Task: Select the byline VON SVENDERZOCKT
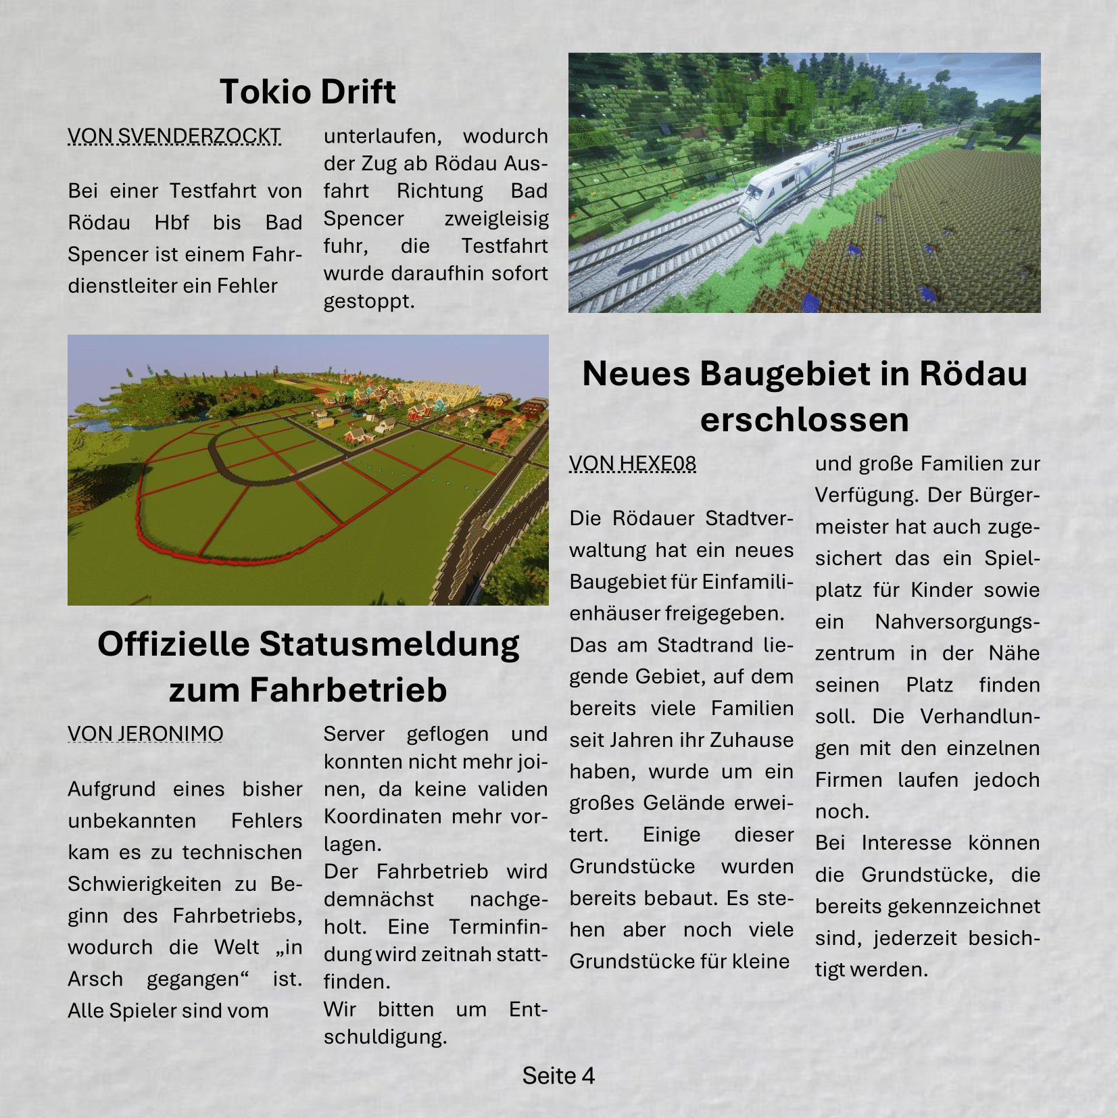(x=174, y=136)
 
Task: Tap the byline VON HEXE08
(x=633, y=464)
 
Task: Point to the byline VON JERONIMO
(x=145, y=734)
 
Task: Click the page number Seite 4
(x=558, y=1075)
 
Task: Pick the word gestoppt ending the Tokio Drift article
(x=368, y=301)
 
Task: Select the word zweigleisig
(x=496, y=218)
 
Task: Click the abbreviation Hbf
(x=172, y=222)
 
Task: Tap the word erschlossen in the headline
(x=804, y=420)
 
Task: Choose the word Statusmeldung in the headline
(x=389, y=644)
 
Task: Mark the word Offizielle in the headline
(x=174, y=644)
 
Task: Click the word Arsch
(x=95, y=979)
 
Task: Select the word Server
(x=354, y=734)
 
